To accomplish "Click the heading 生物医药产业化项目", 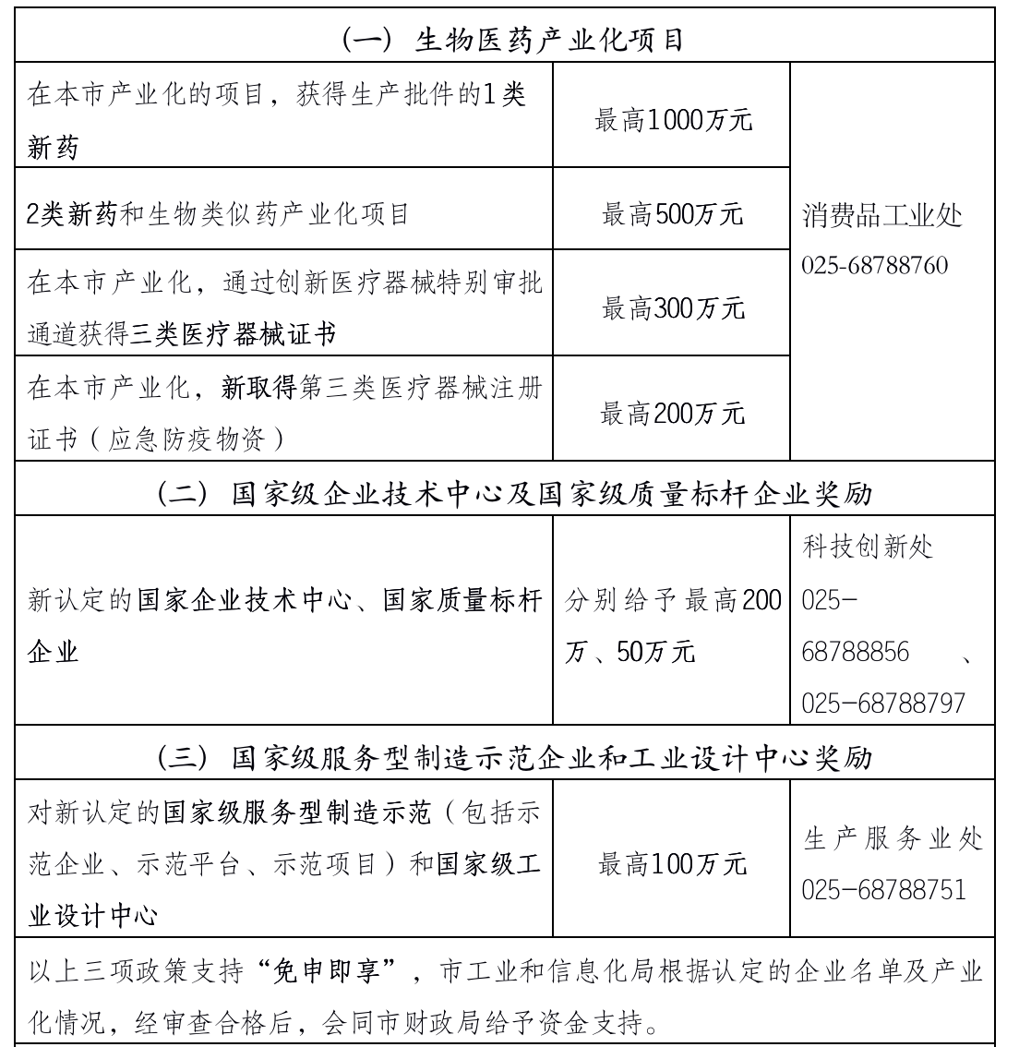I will point(512,40).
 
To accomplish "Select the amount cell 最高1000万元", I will point(673,119).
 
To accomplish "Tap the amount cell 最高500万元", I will point(673,214).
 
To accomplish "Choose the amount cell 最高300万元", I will point(673,308).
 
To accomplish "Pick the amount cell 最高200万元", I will point(673,413).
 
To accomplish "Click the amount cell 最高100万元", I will point(673,864).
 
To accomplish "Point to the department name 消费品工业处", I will point(882,216).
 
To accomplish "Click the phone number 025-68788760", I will point(874,266).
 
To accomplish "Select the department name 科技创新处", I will point(868,547).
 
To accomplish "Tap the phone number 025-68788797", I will point(883,704).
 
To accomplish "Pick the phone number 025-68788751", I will point(883,889).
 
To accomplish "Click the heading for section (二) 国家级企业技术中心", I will point(514,494).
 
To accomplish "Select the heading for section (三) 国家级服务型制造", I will point(514,758).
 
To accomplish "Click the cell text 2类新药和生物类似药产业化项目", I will point(218,215).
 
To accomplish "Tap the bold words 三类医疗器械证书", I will point(234,334).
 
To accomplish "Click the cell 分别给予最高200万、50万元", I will point(673,628).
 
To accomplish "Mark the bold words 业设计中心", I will point(92,917).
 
